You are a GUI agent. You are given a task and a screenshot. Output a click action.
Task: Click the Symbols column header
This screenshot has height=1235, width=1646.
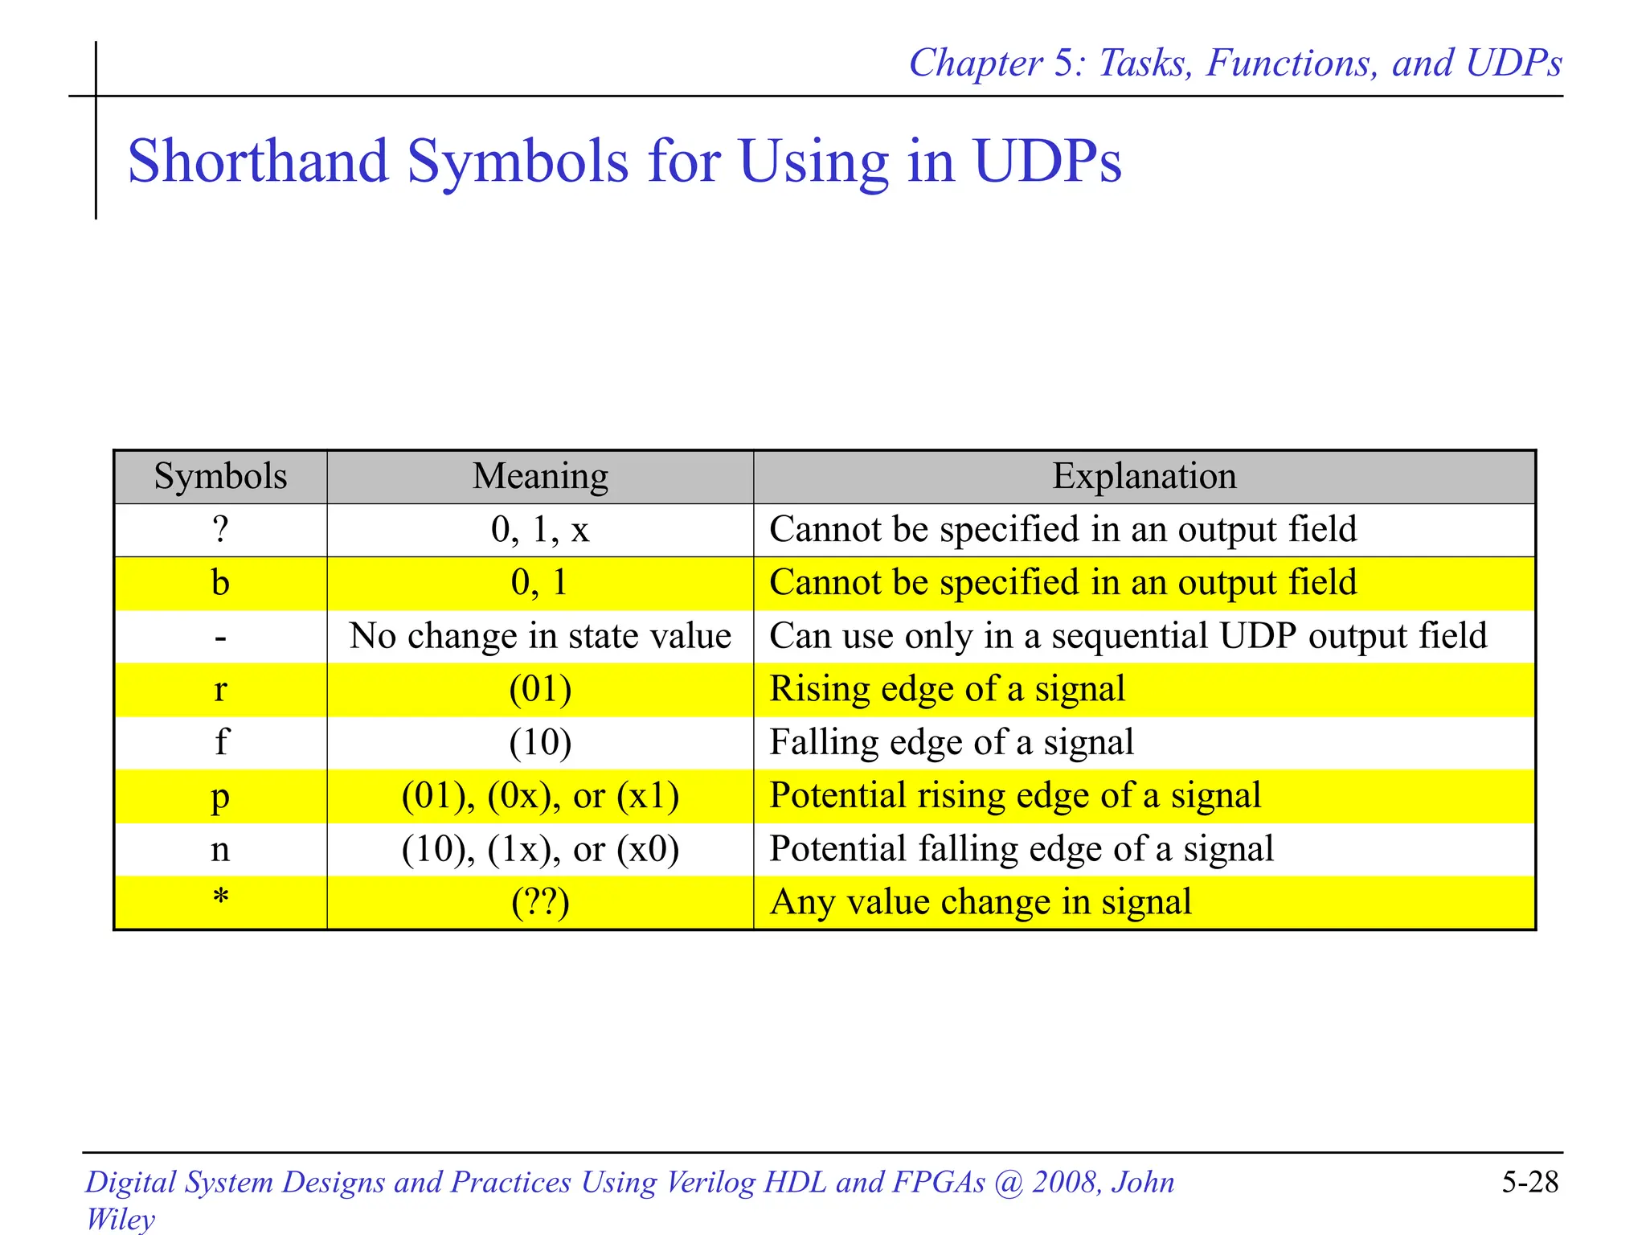pos(220,476)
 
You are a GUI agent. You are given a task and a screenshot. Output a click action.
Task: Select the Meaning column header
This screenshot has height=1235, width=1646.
pos(540,476)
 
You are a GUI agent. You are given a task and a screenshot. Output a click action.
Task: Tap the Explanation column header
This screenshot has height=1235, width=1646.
pos(1144,476)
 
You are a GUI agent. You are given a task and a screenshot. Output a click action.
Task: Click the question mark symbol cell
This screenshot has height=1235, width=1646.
pos(220,530)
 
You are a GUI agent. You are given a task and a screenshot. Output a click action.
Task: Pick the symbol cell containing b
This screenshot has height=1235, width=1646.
pos(220,583)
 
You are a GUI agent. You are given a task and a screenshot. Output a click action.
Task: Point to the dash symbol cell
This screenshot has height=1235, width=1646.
pos(220,637)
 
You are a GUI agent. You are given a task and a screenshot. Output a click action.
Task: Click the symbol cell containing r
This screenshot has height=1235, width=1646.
pos(220,690)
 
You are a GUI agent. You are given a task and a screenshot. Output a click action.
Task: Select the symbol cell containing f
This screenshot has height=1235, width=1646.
pos(220,743)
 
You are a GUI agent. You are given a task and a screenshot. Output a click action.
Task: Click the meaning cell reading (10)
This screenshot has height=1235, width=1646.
pos(540,743)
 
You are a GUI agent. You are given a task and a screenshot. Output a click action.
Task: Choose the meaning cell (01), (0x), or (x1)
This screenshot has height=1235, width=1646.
pos(540,796)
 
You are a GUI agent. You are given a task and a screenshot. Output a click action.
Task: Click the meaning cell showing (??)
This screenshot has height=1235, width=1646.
pos(540,902)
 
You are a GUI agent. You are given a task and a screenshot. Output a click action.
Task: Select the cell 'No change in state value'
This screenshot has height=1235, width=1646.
pos(540,637)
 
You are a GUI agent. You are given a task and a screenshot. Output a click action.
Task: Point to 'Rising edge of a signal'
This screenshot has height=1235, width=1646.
pos(948,690)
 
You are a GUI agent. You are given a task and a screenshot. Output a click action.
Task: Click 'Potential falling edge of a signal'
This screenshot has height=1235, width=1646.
pos(1022,849)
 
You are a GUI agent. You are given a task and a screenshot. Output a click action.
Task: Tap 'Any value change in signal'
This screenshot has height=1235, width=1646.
pos(981,902)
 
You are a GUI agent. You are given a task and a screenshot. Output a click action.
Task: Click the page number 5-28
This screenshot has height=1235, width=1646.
pos(1529,1182)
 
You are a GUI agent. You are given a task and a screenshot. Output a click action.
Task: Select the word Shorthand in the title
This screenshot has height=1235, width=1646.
pos(259,162)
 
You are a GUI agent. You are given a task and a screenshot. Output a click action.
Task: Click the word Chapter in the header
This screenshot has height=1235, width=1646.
pos(975,64)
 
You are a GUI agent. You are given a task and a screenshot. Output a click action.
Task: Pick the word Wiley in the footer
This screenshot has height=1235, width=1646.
pos(121,1219)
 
